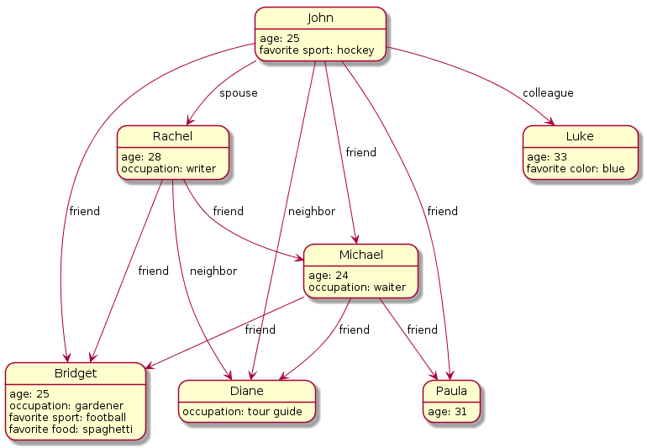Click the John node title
click(320, 18)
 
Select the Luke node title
click(580, 136)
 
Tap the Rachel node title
click(173, 136)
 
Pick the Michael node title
click(360, 255)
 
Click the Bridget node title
click(75, 372)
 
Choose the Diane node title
click(247, 391)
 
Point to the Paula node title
click(452, 391)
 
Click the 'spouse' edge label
click(239, 92)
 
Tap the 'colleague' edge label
click(548, 92)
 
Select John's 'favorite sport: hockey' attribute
click(317, 51)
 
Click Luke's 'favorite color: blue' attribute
click(576, 169)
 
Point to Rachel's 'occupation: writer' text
click(168, 169)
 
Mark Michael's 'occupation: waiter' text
click(357, 287)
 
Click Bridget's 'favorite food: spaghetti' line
click(71, 430)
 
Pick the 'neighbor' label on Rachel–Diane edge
click(213, 271)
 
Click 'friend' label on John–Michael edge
click(361, 152)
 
